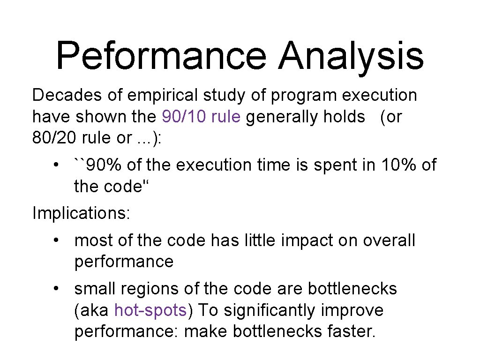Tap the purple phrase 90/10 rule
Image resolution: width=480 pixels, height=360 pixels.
point(201,117)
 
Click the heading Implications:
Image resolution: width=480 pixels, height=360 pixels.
point(82,213)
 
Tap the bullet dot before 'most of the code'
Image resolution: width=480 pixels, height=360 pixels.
point(56,240)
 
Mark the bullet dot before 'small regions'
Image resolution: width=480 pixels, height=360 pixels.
point(56,289)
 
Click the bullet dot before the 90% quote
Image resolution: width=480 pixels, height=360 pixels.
point(56,165)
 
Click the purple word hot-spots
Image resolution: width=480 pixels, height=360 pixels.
point(150,310)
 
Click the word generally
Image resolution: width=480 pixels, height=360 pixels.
point(282,117)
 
